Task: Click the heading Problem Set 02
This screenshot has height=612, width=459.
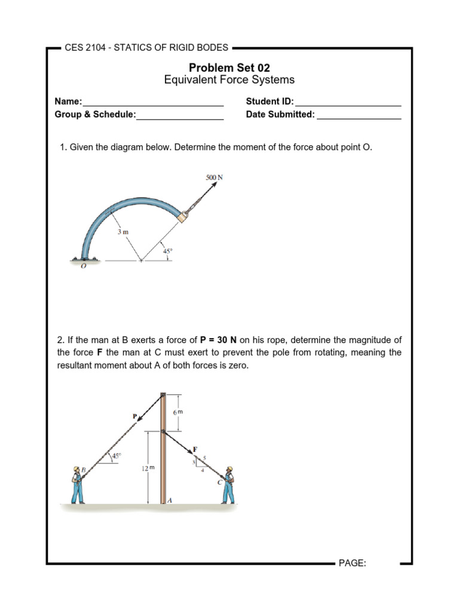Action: click(229, 68)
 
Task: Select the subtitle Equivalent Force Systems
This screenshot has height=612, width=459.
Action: click(229, 80)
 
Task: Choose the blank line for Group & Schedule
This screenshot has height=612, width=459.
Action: click(180, 115)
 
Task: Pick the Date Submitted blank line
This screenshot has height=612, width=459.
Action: click(359, 115)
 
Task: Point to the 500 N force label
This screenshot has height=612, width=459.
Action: click(214, 178)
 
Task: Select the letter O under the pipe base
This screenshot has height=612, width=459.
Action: click(83, 267)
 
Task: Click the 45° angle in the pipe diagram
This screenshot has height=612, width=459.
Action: click(167, 252)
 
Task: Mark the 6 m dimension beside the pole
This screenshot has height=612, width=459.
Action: click(177, 413)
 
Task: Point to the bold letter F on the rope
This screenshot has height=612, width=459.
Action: click(194, 448)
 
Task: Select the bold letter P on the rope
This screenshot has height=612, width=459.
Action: click(134, 415)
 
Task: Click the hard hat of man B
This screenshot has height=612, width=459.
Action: click(76, 469)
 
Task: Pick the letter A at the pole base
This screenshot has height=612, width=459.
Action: click(170, 501)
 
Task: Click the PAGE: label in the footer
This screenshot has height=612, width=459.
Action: click(352, 563)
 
